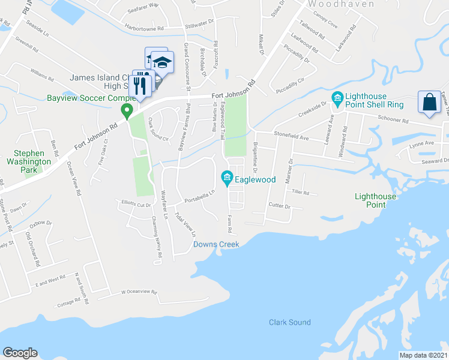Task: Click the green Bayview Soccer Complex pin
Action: point(127,111)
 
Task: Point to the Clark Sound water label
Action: point(289,322)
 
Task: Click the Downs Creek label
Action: point(216,244)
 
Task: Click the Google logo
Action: point(20,353)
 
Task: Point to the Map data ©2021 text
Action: point(423,355)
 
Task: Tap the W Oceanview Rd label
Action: point(139,292)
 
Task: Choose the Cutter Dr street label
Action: point(279,206)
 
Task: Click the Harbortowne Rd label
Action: point(145,28)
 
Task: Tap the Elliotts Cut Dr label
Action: point(136,203)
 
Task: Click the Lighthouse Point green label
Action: point(375,200)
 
